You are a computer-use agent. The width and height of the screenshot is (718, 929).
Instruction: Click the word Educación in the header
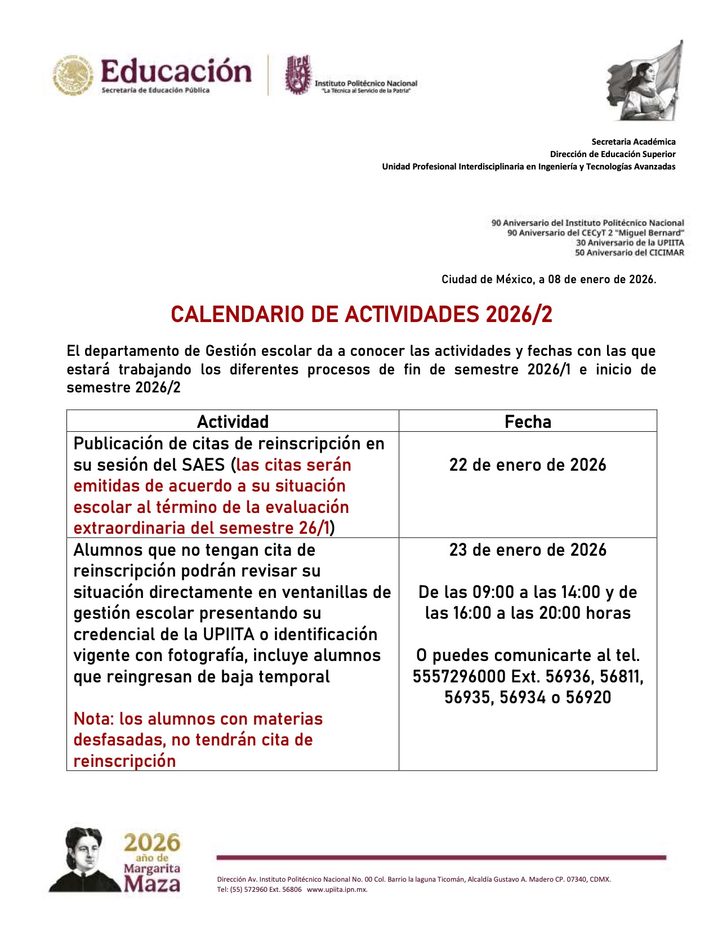point(176,72)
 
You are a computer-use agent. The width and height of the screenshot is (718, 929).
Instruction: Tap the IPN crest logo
point(298,74)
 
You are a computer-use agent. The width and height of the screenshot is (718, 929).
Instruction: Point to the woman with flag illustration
point(645,82)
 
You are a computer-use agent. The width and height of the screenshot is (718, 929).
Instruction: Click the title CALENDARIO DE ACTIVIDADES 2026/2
point(362,314)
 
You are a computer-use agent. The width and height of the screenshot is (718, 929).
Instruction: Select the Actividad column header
point(233,422)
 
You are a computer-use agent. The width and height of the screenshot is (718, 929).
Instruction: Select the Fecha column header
point(528,422)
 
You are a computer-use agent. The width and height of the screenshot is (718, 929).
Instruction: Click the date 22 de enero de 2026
point(528,465)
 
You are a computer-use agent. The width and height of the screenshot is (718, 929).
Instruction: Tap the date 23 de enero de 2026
point(528,550)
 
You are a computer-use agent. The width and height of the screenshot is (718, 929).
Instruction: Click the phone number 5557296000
point(459,676)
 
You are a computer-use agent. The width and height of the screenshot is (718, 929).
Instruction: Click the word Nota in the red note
point(93,719)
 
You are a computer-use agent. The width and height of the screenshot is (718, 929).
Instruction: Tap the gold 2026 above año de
point(152,843)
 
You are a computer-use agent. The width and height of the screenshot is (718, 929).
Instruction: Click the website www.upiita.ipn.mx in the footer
point(337,890)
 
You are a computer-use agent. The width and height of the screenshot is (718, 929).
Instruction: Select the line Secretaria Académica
point(633,142)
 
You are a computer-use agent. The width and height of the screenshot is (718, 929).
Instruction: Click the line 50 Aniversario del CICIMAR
point(629,253)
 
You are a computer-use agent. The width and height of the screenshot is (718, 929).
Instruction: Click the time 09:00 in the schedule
point(493,592)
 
